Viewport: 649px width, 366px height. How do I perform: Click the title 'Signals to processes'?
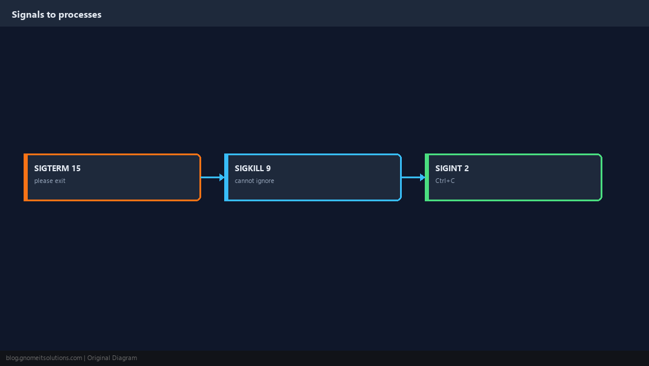(x=57, y=15)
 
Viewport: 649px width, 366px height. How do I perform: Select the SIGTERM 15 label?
(x=58, y=168)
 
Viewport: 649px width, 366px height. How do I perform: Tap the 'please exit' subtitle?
(x=50, y=181)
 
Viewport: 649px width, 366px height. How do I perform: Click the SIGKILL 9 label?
(x=253, y=168)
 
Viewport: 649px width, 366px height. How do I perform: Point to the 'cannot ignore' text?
(x=254, y=181)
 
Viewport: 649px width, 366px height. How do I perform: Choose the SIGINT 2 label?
(x=452, y=168)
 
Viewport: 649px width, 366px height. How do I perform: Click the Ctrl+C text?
(x=445, y=181)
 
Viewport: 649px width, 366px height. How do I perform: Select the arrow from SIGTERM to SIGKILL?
(x=213, y=177)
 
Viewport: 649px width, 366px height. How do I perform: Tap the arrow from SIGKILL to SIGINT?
(x=414, y=177)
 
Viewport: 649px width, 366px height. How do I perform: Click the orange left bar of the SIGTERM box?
(x=25, y=177)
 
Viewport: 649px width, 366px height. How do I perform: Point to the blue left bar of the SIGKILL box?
(x=227, y=177)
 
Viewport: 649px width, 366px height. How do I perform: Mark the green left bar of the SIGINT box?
(x=427, y=177)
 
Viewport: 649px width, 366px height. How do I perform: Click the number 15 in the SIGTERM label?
(x=76, y=168)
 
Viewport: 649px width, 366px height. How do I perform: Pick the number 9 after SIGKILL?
(x=268, y=168)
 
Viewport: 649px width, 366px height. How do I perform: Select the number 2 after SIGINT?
(x=467, y=168)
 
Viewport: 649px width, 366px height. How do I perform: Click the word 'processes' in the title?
(x=80, y=15)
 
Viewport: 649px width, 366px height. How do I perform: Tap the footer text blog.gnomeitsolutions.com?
(x=44, y=358)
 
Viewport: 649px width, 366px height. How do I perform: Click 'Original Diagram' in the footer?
(x=112, y=358)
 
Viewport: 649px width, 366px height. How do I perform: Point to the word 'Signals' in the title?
(x=28, y=15)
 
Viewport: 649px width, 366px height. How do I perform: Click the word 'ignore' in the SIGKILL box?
(x=265, y=181)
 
